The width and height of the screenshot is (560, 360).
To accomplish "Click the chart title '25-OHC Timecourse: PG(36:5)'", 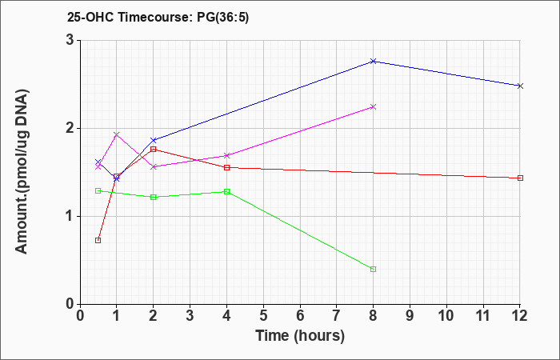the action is [x=158, y=17].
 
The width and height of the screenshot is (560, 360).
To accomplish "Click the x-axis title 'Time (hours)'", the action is [x=300, y=336].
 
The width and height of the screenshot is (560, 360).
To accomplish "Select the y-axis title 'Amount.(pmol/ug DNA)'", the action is [x=22, y=171].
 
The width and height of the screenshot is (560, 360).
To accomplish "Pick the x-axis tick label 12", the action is [x=520, y=316].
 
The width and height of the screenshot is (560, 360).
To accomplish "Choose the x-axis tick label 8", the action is [x=374, y=316].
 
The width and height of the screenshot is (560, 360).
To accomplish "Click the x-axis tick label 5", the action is [x=263, y=316].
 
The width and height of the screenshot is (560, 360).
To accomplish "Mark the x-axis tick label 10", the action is [x=446, y=316].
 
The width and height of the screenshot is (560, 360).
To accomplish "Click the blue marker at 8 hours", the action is [x=374, y=62].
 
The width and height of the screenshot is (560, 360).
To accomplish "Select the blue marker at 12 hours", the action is [x=520, y=86].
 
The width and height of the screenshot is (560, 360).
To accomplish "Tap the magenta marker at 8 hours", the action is [x=374, y=106].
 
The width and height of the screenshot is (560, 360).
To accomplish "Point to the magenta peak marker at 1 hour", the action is [x=116, y=134].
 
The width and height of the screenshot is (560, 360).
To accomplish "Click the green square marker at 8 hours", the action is [x=374, y=270].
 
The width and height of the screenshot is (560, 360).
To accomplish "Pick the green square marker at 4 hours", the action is [x=226, y=192].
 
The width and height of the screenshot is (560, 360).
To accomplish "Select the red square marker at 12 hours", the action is [x=520, y=178].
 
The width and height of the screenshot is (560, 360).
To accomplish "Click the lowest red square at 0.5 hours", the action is [x=98, y=240].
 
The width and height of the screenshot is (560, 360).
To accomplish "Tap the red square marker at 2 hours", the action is [x=154, y=150].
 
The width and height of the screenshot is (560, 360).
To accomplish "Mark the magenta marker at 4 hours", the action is [x=226, y=156].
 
